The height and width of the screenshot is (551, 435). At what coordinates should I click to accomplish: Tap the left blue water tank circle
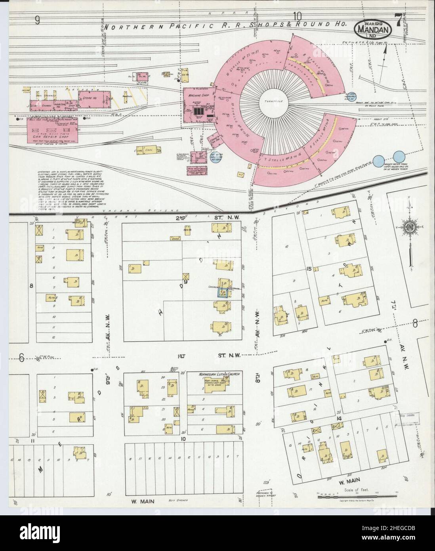380,159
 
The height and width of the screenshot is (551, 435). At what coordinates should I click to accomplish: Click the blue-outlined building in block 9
221,293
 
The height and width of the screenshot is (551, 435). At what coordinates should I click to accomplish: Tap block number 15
309,270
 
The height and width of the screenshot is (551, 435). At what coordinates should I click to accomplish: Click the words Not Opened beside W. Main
179,500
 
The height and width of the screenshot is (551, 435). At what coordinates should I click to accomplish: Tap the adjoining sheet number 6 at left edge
21,358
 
